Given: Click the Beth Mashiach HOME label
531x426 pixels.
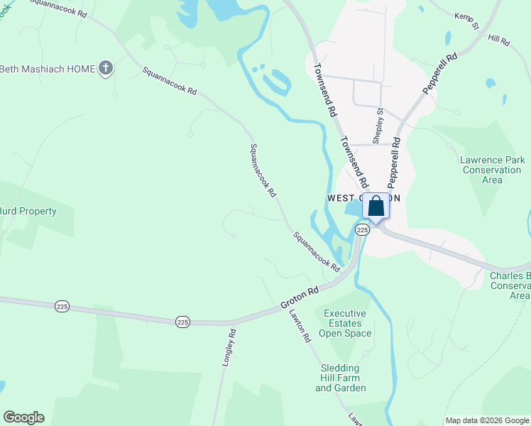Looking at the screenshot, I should [x=46, y=69].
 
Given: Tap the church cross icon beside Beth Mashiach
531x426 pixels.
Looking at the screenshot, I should [x=106, y=68].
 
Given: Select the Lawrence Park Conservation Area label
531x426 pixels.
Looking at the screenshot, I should [x=492, y=170].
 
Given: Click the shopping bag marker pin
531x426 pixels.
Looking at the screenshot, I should [x=376, y=207].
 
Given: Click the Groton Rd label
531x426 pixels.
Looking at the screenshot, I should [x=299, y=296].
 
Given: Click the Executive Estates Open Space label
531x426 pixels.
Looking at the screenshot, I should [x=345, y=323].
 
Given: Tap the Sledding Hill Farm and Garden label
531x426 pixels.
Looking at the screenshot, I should [x=343, y=378].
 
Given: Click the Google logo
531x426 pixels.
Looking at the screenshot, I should [x=23, y=417].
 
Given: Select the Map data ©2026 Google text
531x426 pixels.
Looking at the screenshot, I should [x=487, y=420].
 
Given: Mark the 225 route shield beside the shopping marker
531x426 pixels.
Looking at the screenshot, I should [x=362, y=230].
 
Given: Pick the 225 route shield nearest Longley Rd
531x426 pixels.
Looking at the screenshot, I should [x=182, y=322].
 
